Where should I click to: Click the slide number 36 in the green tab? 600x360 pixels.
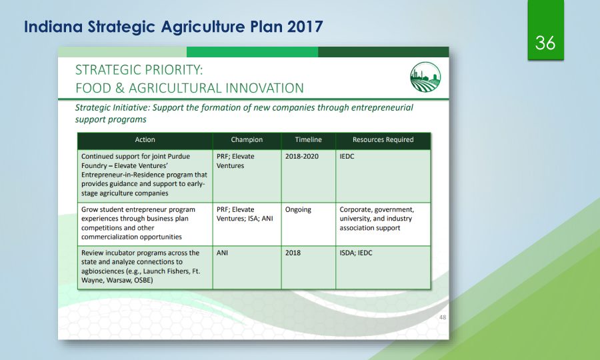coord(545,43)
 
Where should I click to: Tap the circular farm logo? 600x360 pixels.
coord(425,77)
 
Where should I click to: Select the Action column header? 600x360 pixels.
coord(145,140)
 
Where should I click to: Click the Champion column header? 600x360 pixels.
coord(247,140)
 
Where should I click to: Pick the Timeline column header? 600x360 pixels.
coord(309,140)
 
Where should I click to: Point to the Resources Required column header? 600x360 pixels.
coord(383,140)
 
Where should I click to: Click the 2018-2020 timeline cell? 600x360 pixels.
coord(301,157)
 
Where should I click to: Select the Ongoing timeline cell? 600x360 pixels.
coord(298,209)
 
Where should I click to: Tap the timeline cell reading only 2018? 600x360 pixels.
coord(293,253)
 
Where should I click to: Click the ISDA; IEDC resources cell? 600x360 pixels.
coord(356,253)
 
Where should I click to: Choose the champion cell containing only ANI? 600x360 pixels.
coord(222,253)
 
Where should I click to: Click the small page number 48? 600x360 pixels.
coord(443,317)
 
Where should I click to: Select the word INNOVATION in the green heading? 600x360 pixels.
coord(265,88)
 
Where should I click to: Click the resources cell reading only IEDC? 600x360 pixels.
coord(347,157)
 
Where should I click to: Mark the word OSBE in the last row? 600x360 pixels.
coord(143,281)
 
